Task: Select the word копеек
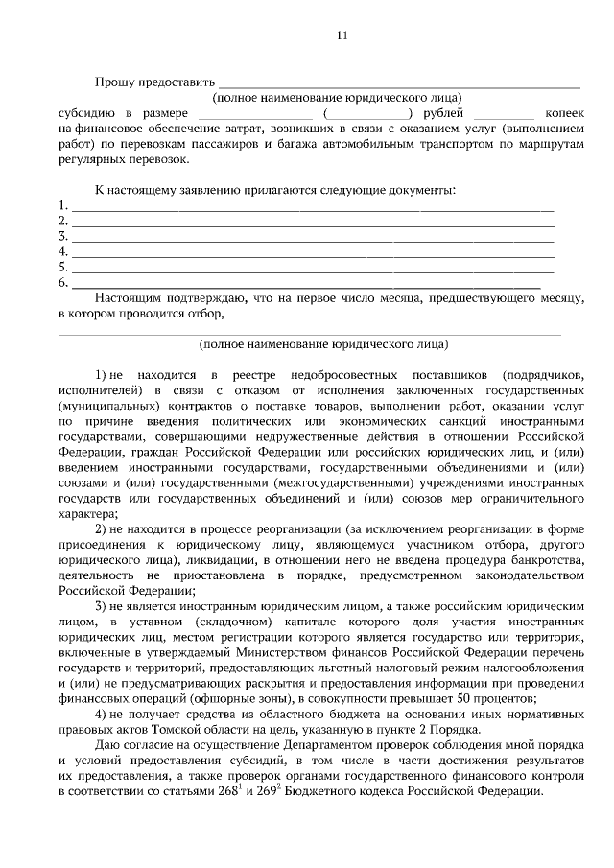pos(557,113)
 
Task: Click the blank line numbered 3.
pos(313,236)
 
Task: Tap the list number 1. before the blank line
pos(63,205)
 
